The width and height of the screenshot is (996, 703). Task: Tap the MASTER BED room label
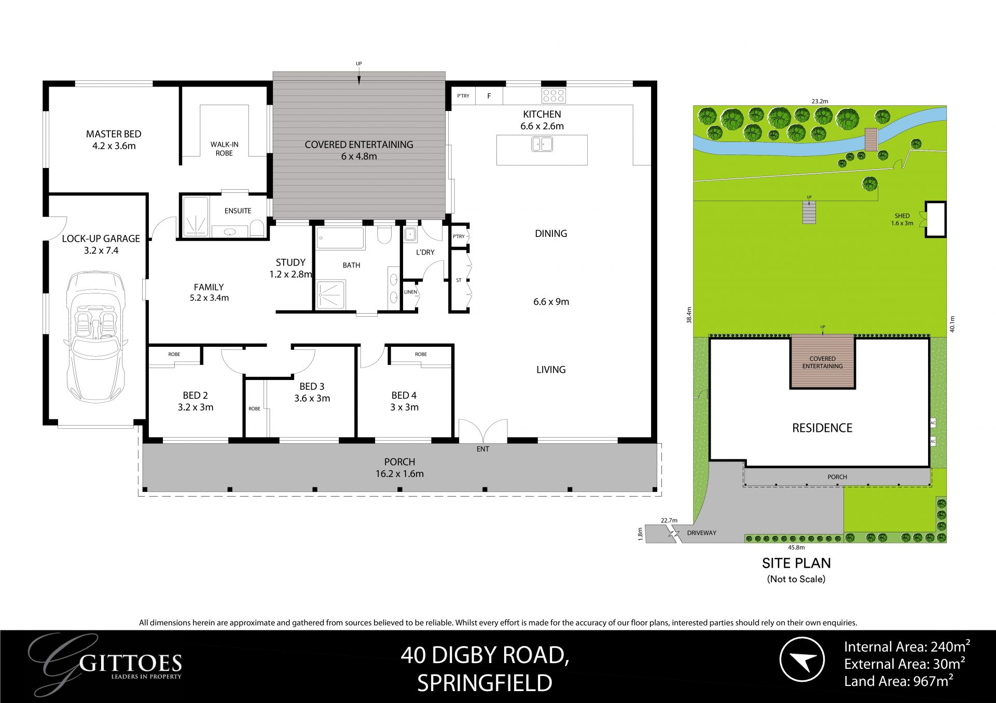pos(114,140)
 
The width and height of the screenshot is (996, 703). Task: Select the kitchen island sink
pos(542,144)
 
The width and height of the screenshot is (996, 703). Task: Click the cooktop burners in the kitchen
pos(554,95)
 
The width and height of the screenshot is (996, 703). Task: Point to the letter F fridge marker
pos(489,96)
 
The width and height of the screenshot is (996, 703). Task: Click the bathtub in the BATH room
pos(340,238)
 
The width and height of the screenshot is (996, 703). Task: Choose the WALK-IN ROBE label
pos(224,149)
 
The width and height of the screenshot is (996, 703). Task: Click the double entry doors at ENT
pos(483,430)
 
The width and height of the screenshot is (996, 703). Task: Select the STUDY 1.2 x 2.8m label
pos(290,268)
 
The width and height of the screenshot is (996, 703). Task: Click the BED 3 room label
pos(312,392)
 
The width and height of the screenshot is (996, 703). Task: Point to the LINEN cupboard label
pos(410,292)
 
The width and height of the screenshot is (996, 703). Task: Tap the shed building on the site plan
pos(935,219)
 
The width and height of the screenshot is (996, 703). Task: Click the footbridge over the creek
pos(870,139)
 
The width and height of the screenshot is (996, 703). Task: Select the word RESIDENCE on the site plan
pos(822,428)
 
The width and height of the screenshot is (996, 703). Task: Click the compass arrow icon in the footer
pos(802,659)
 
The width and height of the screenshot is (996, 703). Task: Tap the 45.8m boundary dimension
pos(796,547)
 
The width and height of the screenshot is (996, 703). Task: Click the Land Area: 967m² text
pos(898,681)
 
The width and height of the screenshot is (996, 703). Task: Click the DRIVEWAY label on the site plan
pos(701,533)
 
